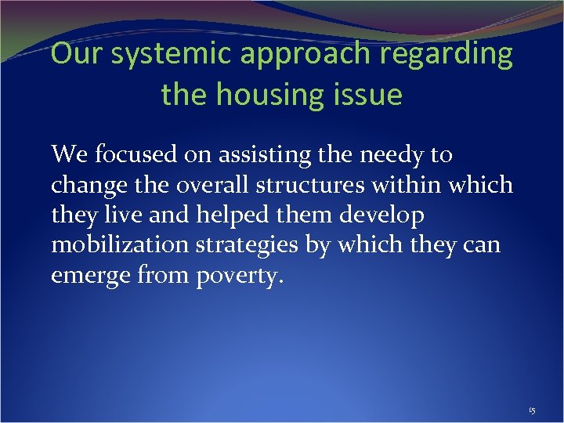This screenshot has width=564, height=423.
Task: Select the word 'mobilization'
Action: point(119,246)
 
